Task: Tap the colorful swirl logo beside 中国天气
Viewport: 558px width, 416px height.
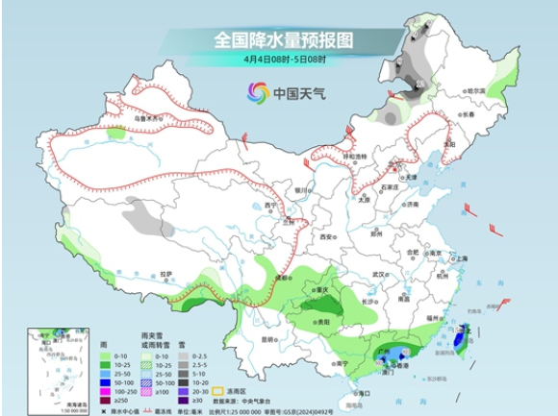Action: pos(259,92)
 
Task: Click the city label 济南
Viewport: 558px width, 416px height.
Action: pos(414,205)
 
